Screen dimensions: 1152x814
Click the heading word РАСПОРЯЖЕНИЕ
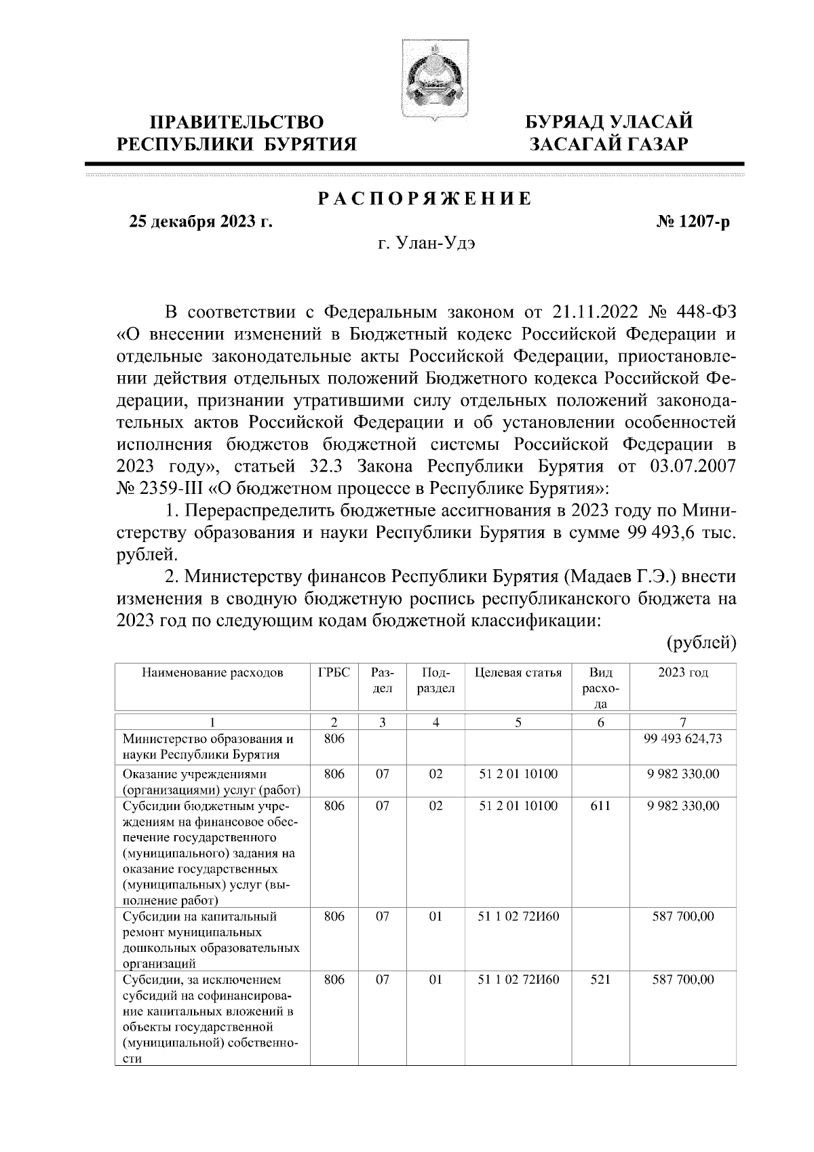(x=425, y=199)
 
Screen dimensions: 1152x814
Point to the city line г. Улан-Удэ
(x=427, y=244)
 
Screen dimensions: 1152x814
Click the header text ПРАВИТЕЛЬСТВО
(x=237, y=123)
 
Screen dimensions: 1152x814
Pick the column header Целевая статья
(x=518, y=673)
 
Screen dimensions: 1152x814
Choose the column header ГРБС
(x=334, y=673)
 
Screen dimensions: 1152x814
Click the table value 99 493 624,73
(x=682, y=739)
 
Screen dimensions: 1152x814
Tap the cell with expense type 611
(x=600, y=806)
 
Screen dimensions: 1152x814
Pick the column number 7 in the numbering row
(x=682, y=723)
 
